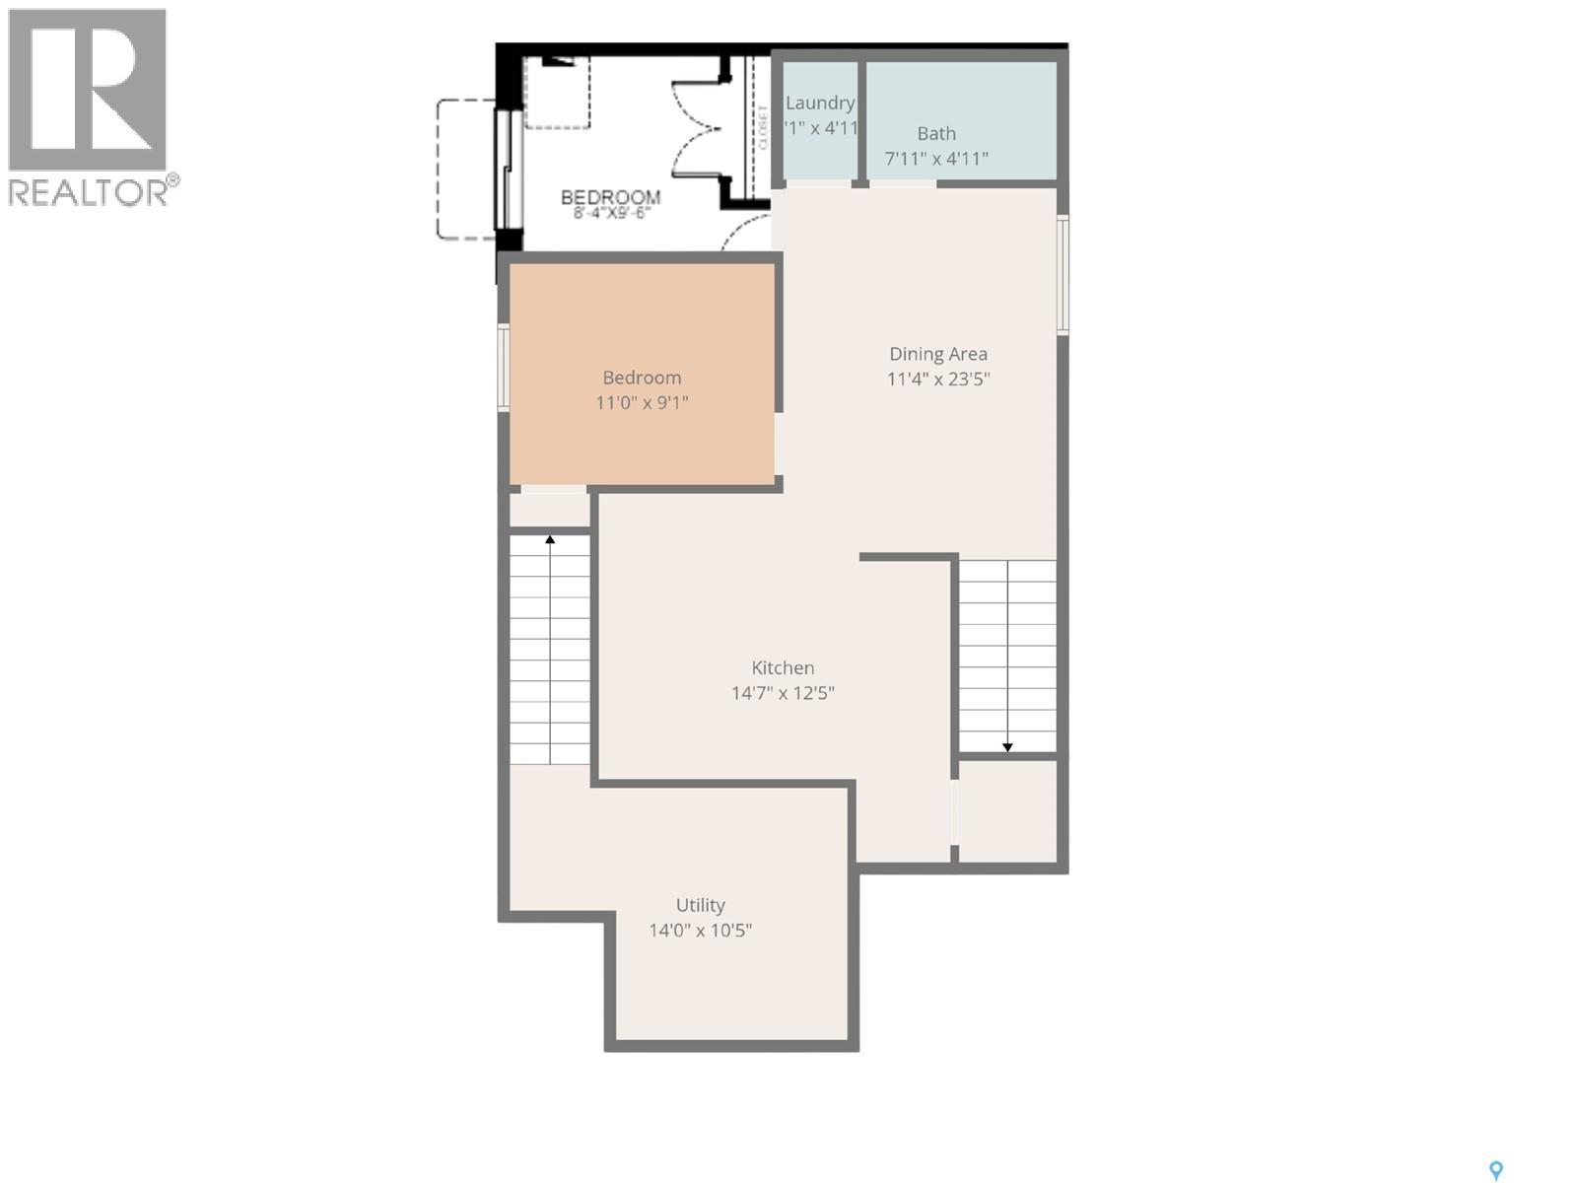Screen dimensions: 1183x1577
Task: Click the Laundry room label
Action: click(x=820, y=103)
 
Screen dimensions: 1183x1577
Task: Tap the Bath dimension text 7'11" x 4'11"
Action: click(x=936, y=159)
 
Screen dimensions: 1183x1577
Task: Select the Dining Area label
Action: click(x=937, y=354)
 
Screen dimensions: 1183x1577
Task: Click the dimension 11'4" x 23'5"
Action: click(x=937, y=379)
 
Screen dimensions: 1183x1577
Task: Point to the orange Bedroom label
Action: click(x=642, y=378)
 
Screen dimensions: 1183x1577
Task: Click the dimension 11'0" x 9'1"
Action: click(x=642, y=402)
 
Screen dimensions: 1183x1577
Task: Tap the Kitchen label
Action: click(x=783, y=667)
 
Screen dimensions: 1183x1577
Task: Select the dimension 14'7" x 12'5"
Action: click(x=783, y=693)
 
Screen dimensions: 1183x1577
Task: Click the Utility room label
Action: click(x=700, y=905)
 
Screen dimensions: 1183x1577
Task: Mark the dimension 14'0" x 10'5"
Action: click(x=700, y=930)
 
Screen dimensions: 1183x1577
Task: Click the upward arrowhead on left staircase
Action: click(x=550, y=539)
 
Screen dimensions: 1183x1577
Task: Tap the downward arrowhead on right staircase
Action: click(x=1007, y=747)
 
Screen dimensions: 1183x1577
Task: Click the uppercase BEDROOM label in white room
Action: click(x=610, y=197)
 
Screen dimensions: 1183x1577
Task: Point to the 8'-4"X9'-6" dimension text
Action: click(x=611, y=213)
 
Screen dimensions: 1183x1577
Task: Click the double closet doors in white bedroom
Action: click(x=698, y=128)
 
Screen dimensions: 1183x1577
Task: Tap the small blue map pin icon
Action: click(x=1495, y=1170)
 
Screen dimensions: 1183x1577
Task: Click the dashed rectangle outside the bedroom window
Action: click(x=465, y=169)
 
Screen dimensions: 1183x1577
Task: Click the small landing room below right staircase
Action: click(x=1007, y=810)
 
